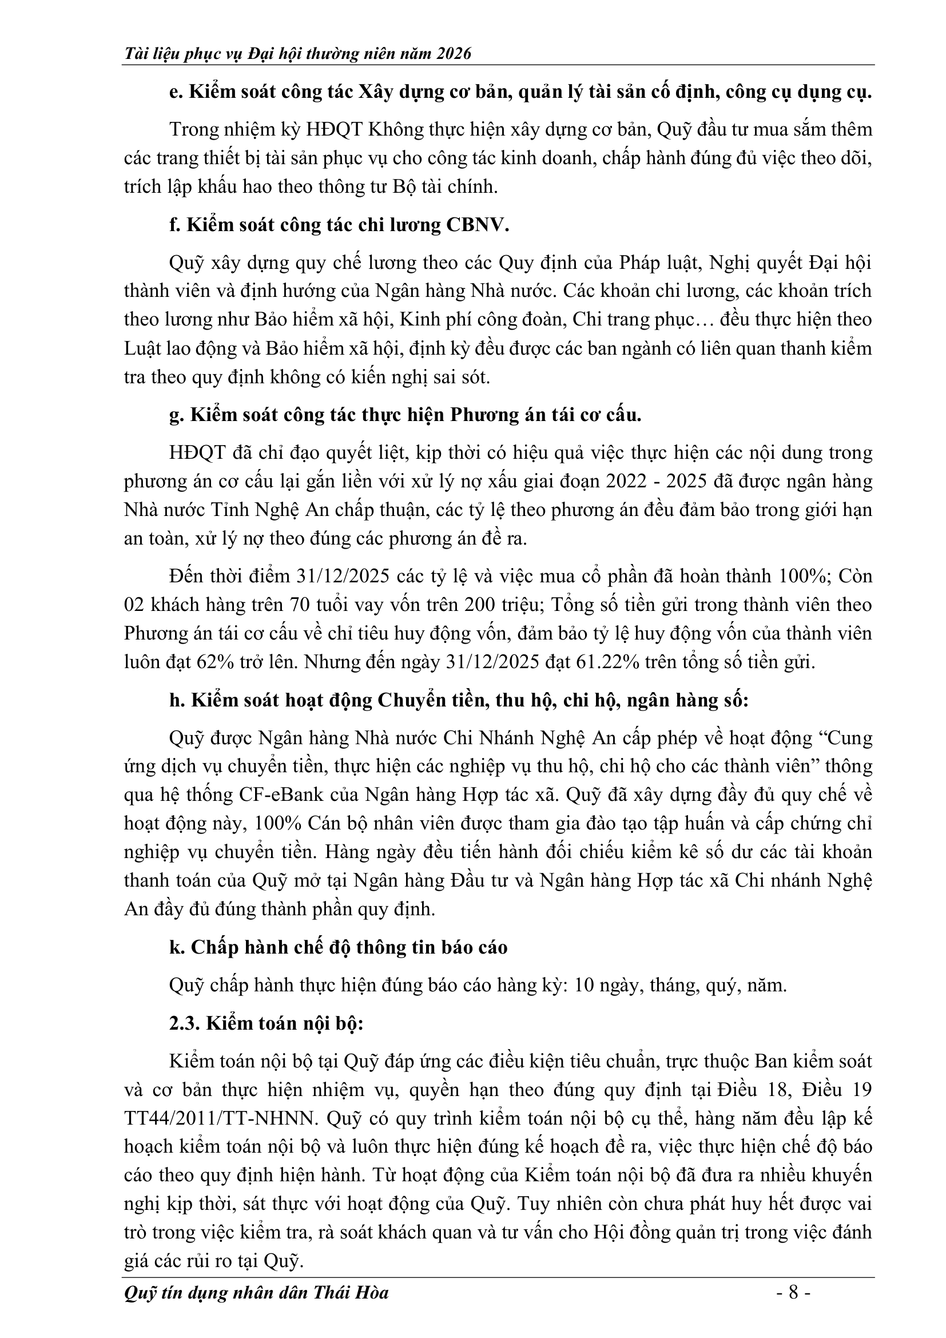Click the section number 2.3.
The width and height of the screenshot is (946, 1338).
pos(184,1024)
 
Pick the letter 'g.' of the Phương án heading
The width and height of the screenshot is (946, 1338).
pos(177,415)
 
